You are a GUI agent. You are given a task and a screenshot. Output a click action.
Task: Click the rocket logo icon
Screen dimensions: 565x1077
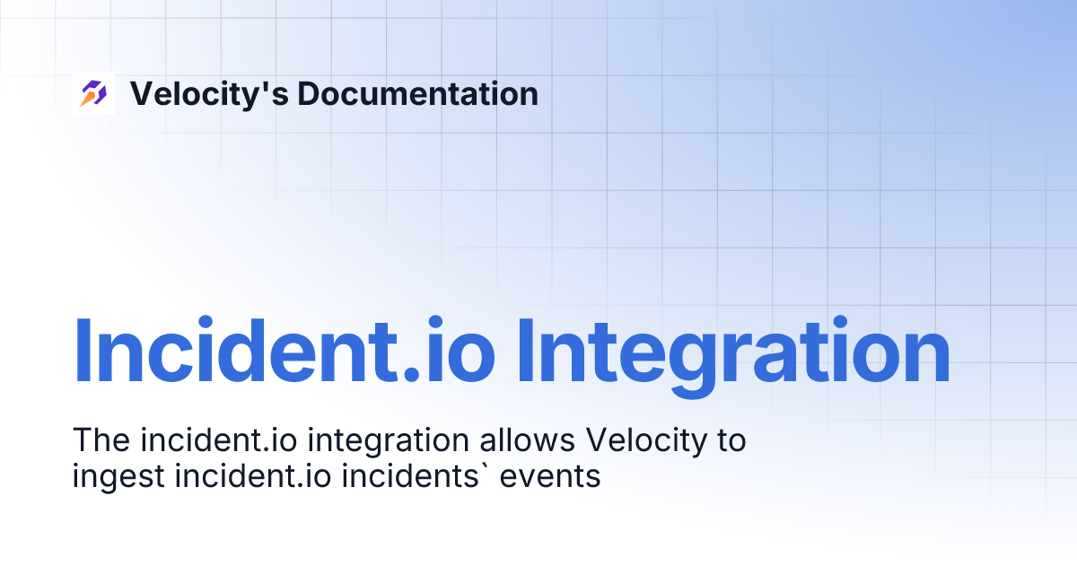point(93,93)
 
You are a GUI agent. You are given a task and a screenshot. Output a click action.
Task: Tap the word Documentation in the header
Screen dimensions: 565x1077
point(417,93)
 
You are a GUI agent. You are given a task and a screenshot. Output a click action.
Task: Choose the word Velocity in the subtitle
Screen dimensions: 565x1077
point(644,440)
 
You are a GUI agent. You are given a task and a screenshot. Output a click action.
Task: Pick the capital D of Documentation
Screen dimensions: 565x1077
point(307,93)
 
